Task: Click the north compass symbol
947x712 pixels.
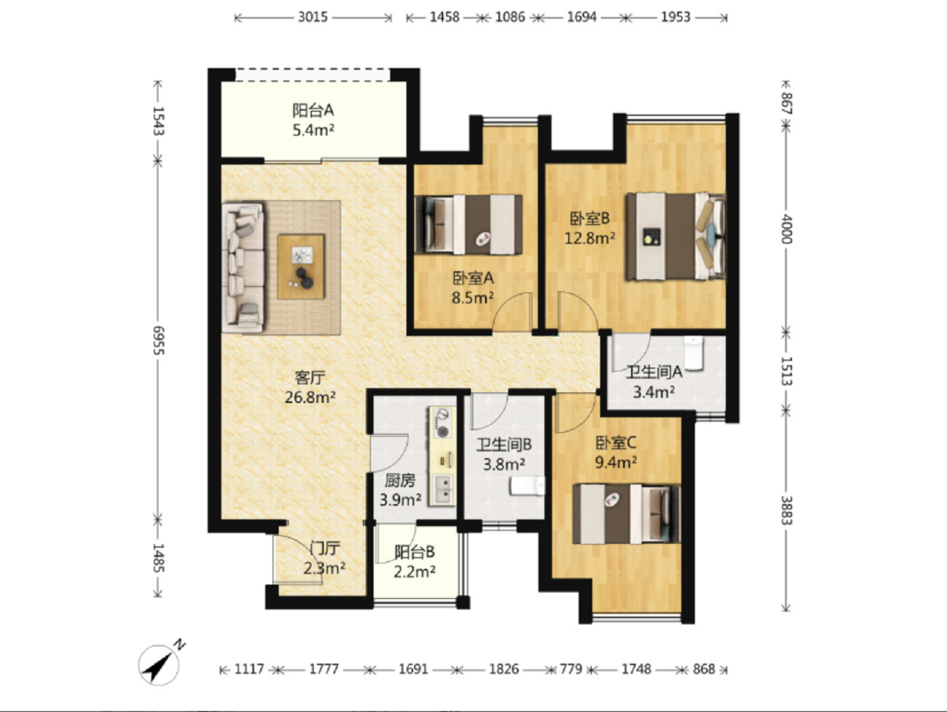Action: [159, 665]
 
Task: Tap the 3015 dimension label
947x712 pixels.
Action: [313, 17]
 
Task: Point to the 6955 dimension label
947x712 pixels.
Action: [159, 340]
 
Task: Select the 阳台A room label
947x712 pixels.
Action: [313, 110]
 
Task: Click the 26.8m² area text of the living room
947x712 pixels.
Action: [310, 397]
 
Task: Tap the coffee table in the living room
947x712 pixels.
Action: [301, 266]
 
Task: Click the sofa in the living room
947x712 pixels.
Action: [243, 267]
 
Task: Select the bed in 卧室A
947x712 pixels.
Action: [468, 224]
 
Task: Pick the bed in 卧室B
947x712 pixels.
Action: [676, 236]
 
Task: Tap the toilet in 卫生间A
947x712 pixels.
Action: [694, 353]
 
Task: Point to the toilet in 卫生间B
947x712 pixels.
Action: [527, 486]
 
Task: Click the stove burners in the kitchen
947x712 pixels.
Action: [443, 422]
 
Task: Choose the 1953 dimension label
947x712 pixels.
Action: [676, 17]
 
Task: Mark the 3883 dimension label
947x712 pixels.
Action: [786, 511]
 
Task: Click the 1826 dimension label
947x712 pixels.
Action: [504, 669]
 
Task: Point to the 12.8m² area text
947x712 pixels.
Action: [590, 238]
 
